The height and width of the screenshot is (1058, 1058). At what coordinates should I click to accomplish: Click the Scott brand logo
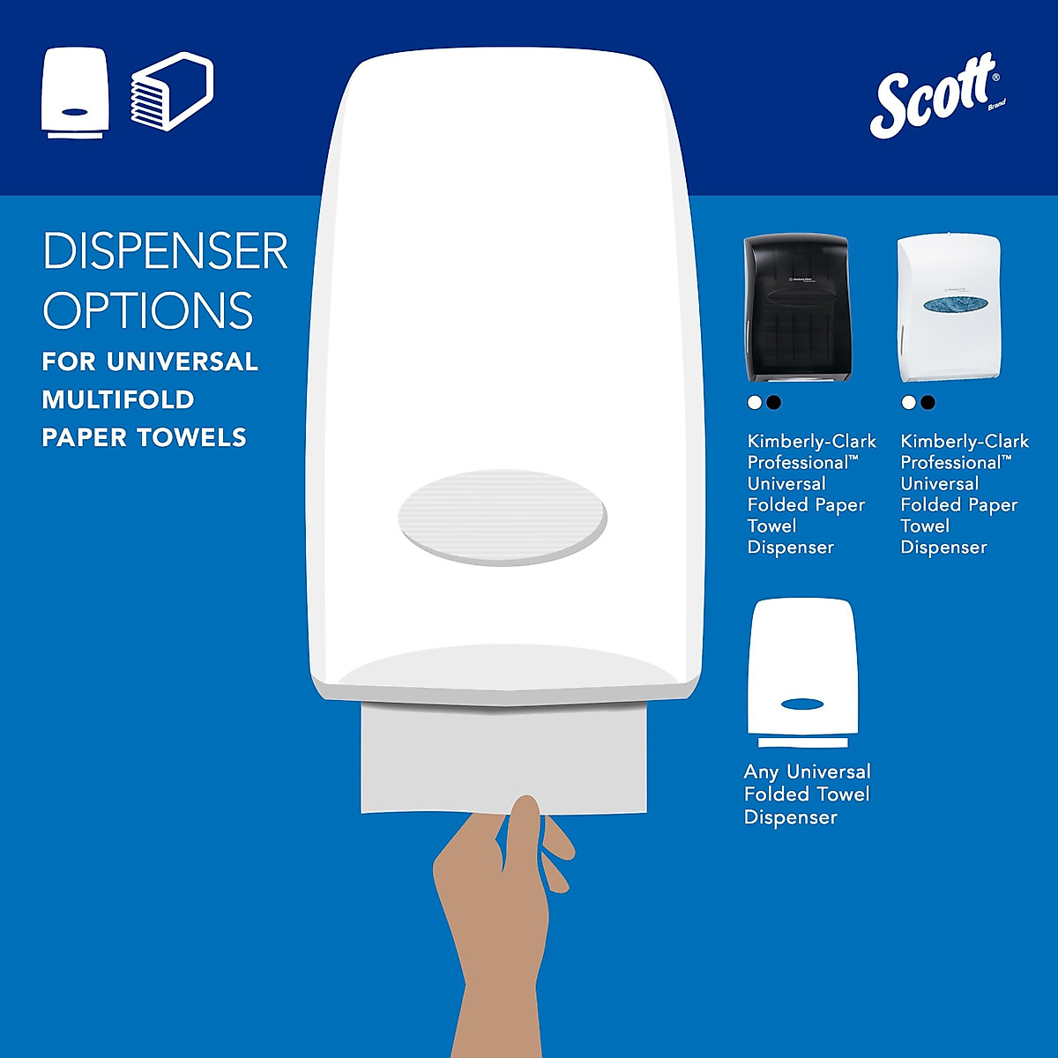[x=936, y=95]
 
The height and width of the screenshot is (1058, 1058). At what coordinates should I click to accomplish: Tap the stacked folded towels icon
[x=172, y=93]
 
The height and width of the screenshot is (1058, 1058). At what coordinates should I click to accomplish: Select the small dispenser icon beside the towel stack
[x=75, y=93]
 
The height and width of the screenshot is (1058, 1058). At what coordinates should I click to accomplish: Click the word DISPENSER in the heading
[x=165, y=251]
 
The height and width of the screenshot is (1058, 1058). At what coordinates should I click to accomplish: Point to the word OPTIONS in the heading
[x=148, y=309]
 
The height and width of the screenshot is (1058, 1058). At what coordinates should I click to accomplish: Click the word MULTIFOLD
[x=118, y=399]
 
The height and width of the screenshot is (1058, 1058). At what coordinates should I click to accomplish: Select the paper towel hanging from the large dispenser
[x=503, y=758]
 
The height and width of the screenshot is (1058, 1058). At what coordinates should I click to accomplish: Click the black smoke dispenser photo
[x=796, y=309]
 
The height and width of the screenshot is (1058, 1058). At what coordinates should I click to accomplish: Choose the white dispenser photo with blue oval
[x=949, y=309]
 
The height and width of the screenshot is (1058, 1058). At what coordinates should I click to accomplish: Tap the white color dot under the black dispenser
[x=754, y=402]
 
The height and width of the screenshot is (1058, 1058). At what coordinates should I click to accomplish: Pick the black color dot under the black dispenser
[x=774, y=402]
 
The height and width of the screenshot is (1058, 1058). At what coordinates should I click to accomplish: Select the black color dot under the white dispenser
[x=928, y=402]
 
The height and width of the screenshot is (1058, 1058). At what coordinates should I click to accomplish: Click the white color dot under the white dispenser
[x=908, y=402]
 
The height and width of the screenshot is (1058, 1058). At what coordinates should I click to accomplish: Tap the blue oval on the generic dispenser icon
[x=802, y=704]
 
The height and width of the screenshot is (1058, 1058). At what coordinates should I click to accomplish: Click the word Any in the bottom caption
[x=762, y=772]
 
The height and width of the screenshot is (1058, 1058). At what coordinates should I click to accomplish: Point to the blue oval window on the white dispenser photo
[x=949, y=303]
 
